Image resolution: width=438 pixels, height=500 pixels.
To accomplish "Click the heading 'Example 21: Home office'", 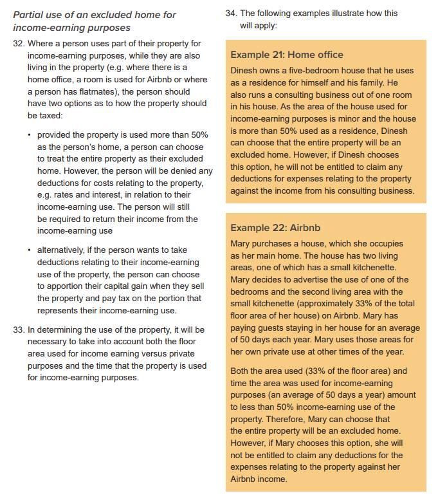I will [x=287, y=55].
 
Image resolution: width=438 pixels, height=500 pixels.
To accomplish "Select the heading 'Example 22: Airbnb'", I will [x=275, y=228].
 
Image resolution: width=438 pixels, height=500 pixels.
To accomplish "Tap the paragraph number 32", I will [x=18, y=43].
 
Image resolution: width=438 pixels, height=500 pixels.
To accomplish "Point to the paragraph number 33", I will [x=18, y=329].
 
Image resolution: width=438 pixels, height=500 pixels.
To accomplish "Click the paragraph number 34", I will [x=231, y=13].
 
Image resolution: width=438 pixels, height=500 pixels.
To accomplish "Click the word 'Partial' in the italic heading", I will [x=30, y=14].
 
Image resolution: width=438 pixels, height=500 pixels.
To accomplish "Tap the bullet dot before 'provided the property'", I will [x=30, y=134].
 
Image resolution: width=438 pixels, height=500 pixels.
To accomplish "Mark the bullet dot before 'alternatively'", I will [x=30, y=250].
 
